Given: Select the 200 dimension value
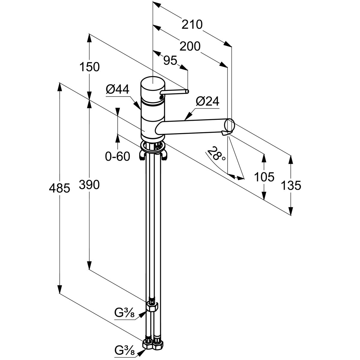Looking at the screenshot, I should pos(190,46).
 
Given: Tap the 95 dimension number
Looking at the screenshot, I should pos(170,61).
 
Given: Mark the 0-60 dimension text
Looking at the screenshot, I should pos(118,156).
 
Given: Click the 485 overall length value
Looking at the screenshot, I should pos(60,188).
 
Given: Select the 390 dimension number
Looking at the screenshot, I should pos(89,185).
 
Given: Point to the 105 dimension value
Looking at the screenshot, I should pos(264,177).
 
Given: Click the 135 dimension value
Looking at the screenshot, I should pos(291,186).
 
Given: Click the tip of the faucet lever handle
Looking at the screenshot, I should pos(187,91).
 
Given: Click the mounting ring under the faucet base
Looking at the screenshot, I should pos(153,147).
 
